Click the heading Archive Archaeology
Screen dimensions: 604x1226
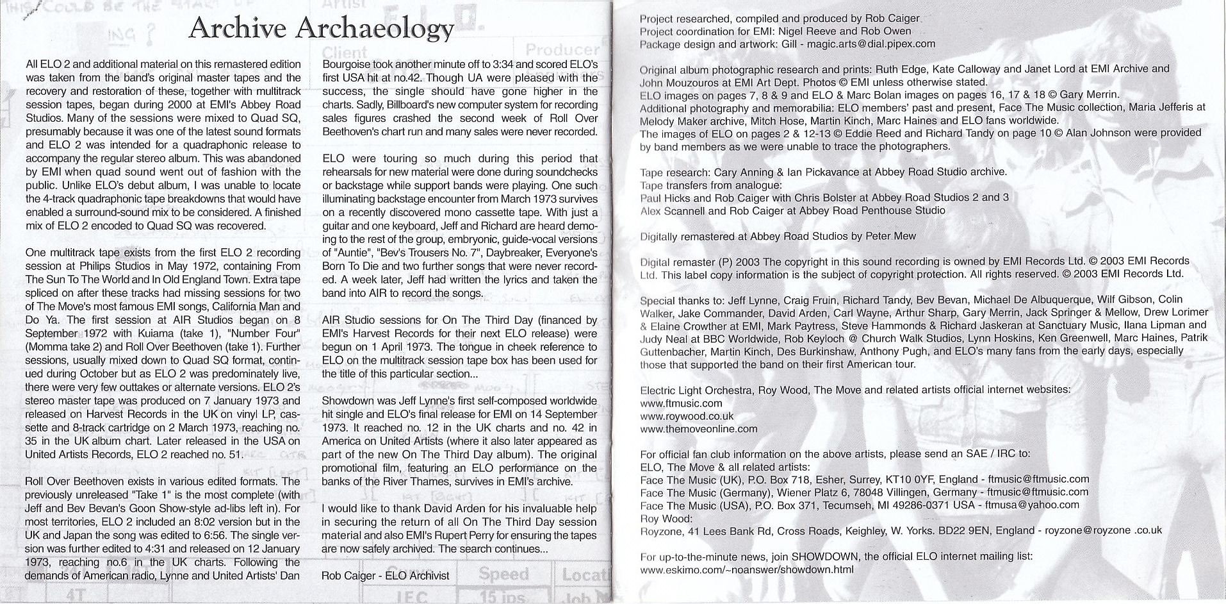(x=322, y=28)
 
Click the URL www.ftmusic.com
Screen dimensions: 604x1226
(x=681, y=403)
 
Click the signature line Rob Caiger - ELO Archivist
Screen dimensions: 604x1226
(x=385, y=575)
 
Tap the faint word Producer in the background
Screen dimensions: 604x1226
(x=562, y=49)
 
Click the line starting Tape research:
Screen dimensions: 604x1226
(x=823, y=172)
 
